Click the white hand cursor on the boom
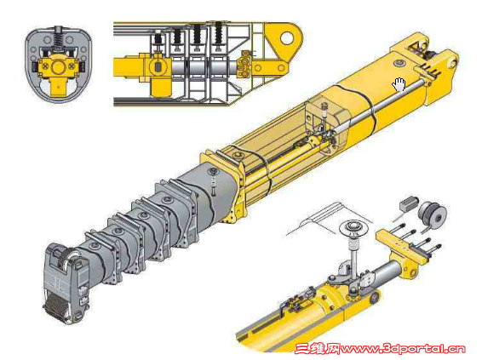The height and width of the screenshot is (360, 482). tap(399, 84)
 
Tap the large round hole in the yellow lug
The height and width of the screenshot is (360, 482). tap(287, 37)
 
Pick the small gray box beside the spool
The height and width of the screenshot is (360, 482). tap(408, 203)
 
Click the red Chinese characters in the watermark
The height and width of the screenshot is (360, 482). tap(318, 349)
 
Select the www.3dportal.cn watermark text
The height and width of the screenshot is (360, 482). tap(403, 349)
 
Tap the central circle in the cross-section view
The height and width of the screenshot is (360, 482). tap(58, 67)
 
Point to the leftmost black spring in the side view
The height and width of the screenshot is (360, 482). tap(158, 38)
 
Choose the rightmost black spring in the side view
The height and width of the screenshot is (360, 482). tap(218, 32)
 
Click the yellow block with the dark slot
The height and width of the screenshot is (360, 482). tap(158, 67)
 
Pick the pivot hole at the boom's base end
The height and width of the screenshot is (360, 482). tap(453, 64)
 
